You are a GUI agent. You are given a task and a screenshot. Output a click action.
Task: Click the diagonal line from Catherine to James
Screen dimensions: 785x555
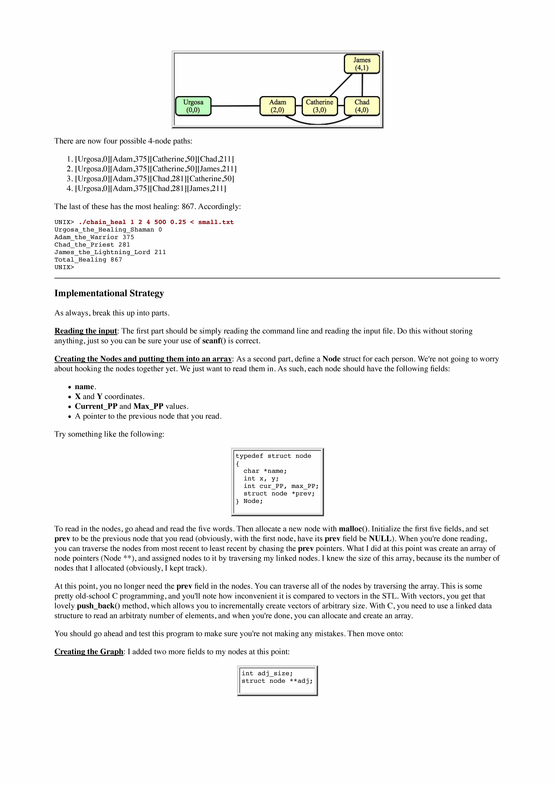click(x=341, y=85)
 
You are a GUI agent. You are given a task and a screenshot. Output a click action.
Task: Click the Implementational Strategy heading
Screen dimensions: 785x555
click(x=109, y=293)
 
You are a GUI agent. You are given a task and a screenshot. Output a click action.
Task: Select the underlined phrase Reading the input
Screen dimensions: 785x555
click(x=85, y=331)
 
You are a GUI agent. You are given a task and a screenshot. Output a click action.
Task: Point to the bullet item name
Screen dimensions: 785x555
click(x=84, y=387)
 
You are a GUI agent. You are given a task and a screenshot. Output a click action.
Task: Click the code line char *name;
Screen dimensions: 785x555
click(x=265, y=471)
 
